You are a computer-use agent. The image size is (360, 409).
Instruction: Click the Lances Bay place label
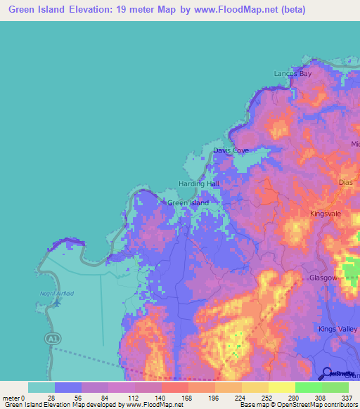pos(292,73)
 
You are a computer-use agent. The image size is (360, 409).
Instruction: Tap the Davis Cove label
pos(231,150)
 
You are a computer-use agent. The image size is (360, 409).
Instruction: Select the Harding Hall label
pos(198,183)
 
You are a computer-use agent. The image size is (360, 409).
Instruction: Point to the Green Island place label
pos(188,203)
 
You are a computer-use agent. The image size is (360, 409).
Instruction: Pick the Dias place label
pos(345,182)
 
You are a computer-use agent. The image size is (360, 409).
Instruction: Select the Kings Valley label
pos(337,329)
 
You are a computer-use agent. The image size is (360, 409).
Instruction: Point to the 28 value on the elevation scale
pos(51,397)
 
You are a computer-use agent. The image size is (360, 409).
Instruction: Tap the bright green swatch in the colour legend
pos(308,387)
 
